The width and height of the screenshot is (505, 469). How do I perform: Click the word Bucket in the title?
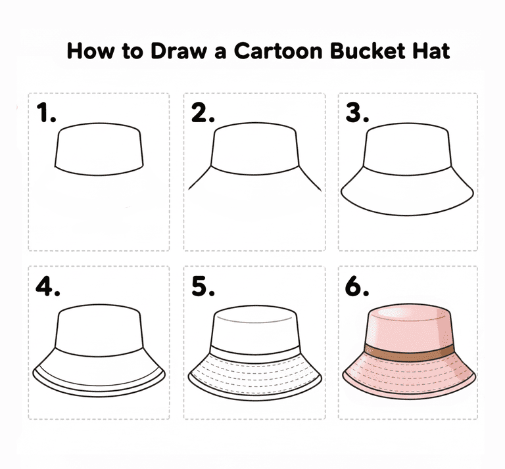click(367, 51)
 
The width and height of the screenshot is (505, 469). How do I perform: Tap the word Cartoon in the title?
click(278, 51)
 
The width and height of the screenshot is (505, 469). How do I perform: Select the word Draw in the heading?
click(178, 51)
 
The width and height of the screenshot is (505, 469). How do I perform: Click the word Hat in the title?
click(431, 51)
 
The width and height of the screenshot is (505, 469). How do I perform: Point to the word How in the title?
click(90, 51)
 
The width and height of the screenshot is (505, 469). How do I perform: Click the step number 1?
click(46, 112)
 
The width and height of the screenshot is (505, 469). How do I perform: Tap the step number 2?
click(203, 112)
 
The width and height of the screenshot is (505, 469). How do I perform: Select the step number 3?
click(357, 112)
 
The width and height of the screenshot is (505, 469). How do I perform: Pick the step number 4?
click(47, 286)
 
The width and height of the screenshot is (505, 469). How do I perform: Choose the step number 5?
click(203, 286)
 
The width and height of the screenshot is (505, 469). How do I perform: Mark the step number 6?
click(357, 286)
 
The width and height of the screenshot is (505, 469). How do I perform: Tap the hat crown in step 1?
click(99, 149)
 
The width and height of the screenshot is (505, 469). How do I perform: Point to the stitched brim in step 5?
click(254, 376)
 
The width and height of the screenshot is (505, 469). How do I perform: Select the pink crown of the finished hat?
click(410, 328)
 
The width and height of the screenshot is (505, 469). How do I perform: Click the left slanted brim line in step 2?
click(200, 177)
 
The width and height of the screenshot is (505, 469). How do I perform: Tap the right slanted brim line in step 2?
click(310, 178)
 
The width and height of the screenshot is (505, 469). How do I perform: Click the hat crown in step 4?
click(99, 330)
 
